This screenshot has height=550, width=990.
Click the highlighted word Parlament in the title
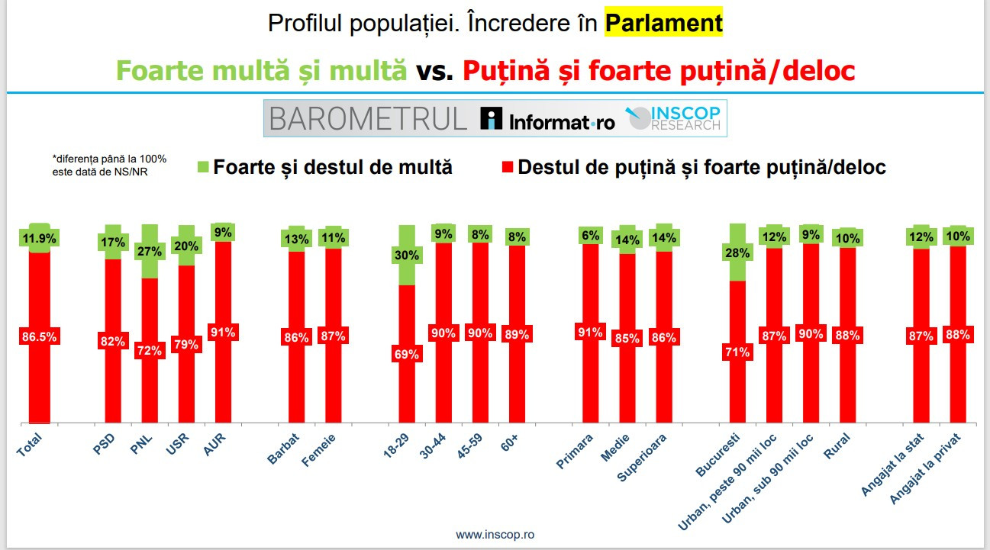point(663,24)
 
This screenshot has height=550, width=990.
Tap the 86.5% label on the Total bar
point(39,336)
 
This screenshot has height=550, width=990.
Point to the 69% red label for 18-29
point(408,353)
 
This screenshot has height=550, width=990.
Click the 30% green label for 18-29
point(408,256)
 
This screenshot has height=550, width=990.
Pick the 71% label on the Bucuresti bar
point(737,352)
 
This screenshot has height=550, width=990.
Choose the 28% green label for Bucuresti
point(737,252)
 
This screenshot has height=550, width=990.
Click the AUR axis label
point(214,442)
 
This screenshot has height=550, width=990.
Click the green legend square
point(202,166)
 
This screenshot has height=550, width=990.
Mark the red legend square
point(506,166)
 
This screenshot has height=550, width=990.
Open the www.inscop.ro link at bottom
point(495,535)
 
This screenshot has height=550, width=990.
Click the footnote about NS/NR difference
point(109,164)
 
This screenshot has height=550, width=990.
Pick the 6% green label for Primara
point(590,235)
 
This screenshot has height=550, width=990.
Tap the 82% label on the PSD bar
point(112,341)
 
